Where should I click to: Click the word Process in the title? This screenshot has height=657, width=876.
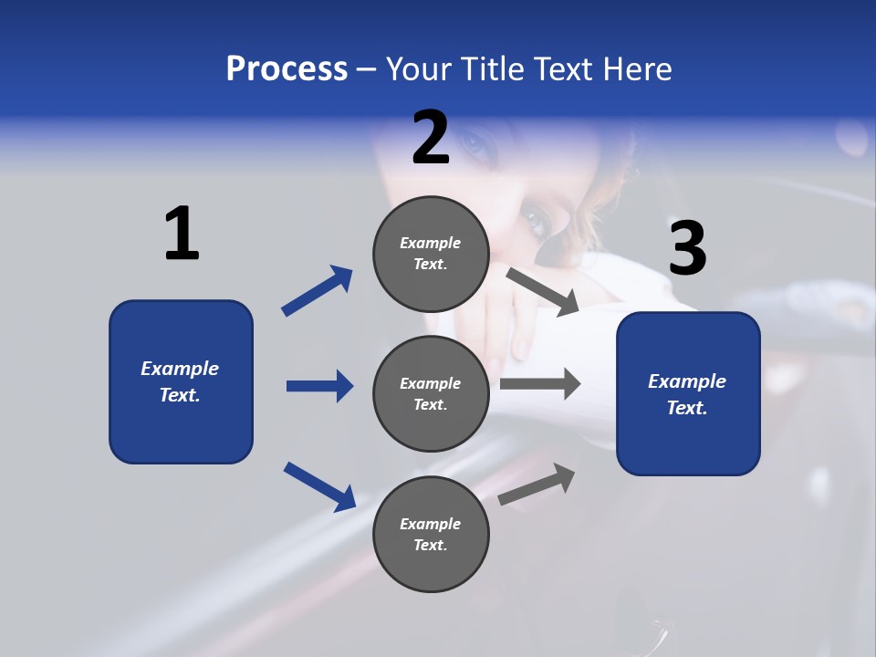tap(287, 69)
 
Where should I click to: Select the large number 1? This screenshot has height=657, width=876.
tap(182, 234)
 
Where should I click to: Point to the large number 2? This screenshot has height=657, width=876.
tap(431, 139)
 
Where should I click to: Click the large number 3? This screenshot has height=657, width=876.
tap(687, 248)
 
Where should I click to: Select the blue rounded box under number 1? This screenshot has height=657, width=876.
tap(181, 381)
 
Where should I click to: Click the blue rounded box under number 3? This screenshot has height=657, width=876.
tap(688, 394)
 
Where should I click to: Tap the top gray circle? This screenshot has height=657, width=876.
tap(431, 254)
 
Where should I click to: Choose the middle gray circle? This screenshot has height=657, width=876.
tap(431, 393)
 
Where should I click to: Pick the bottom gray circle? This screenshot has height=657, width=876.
tap(431, 534)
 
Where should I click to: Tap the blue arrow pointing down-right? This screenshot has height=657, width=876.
tap(319, 486)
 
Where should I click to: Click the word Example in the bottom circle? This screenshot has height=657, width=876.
tap(431, 524)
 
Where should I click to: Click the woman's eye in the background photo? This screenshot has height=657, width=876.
tap(534, 220)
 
